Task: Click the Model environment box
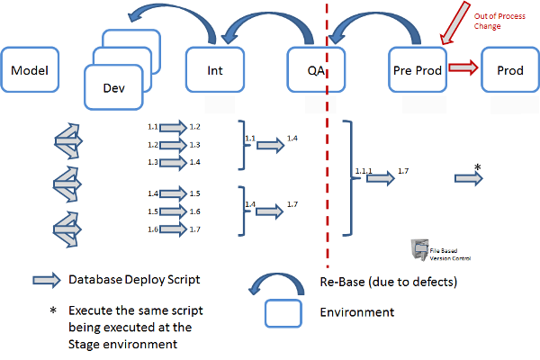tap(30, 68)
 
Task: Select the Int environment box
tap(215, 68)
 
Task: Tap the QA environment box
tap(316, 68)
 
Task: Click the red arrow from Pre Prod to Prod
tap(463, 68)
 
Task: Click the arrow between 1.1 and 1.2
tap(174, 129)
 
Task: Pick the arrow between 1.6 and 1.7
tap(174, 229)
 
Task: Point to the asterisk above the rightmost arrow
tap(477, 167)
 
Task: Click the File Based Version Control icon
tap(418, 250)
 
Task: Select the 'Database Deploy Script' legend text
tap(135, 280)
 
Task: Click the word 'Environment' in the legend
tap(357, 312)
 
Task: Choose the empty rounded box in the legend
tap(283, 312)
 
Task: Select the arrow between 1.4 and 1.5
tap(174, 193)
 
